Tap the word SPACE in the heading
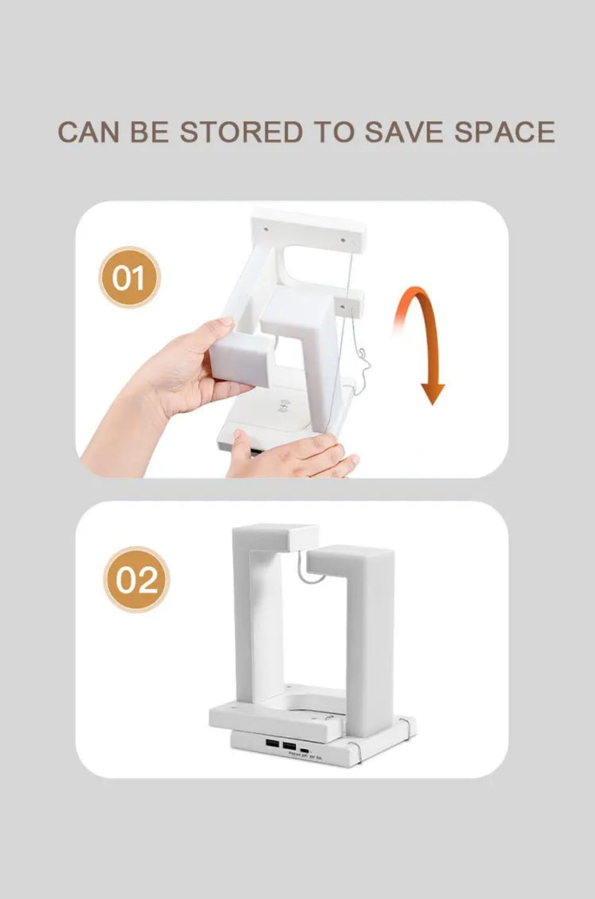(x=504, y=132)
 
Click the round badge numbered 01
(x=129, y=277)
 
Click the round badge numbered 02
(x=137, y=579)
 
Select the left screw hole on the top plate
(x=266, y=228)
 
